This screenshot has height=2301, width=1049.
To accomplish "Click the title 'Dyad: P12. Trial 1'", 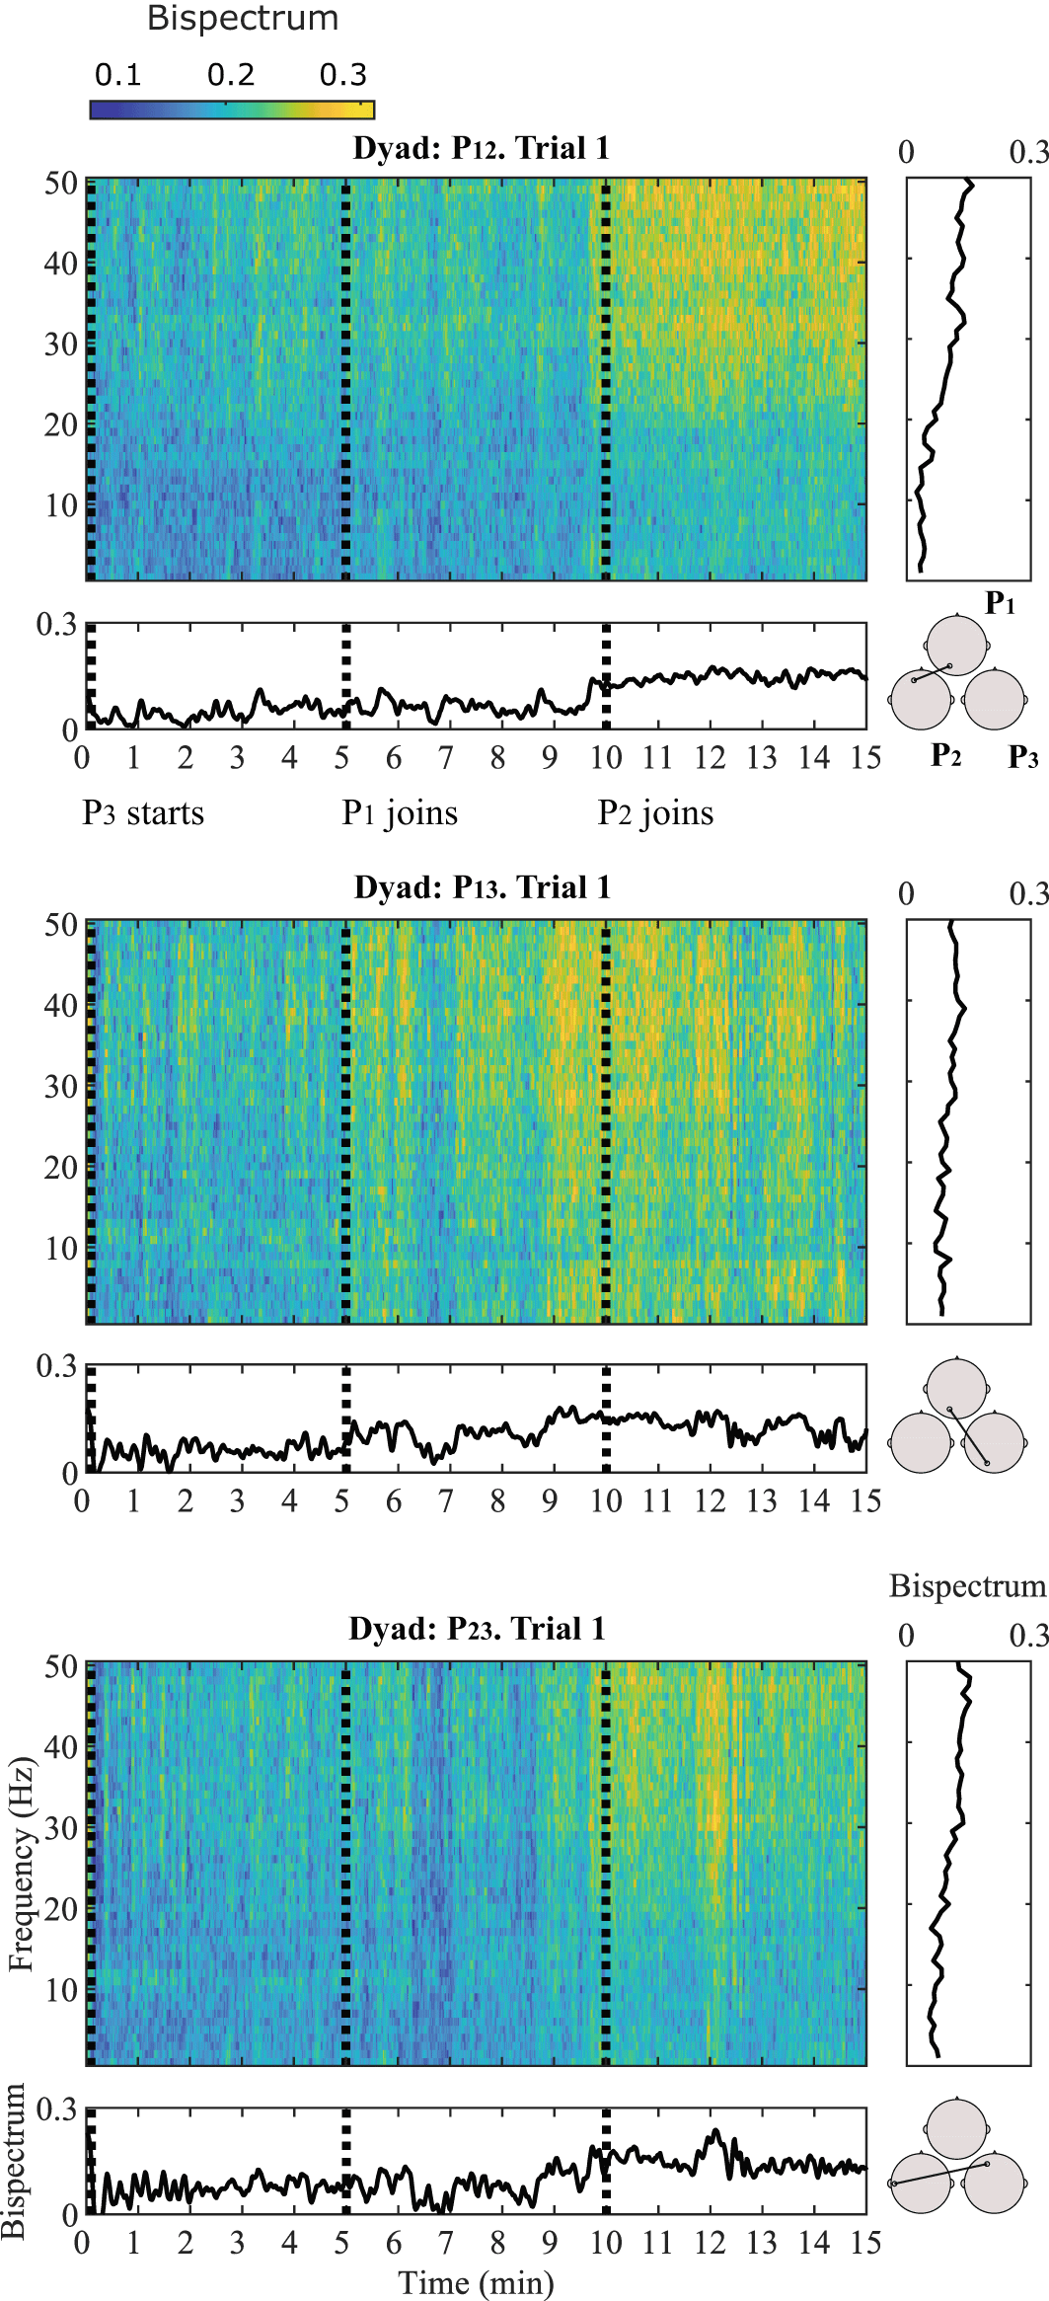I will tap(481, 148).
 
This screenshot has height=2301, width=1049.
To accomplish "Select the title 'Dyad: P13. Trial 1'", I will tap(482, 887).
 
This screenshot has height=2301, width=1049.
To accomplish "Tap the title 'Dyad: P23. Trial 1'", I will tap(477, 1628).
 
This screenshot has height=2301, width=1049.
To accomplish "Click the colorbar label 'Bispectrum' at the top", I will tap(242, 18).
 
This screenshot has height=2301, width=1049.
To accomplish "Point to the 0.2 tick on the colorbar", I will tap(231, 75).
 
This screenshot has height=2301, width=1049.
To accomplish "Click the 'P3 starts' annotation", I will tap(143, 813).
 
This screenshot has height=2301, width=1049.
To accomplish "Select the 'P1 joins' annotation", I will tap(400, 813).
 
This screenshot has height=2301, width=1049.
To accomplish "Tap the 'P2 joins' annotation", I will tap(655, 813).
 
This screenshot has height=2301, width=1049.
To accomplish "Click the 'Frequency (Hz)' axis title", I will tap(21, 1864).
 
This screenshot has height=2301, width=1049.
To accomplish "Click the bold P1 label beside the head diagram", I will tap(1000, 602).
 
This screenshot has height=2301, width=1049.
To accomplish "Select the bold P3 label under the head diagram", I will tap(1022, 757).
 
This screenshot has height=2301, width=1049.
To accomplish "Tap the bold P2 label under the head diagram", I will tap(945, 755).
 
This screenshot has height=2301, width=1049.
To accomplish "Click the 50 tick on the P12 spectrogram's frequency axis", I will tap(61, 183).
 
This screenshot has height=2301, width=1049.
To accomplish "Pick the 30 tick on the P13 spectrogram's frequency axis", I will tap(61, 1086).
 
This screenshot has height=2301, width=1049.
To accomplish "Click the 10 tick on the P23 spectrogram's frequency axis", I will tap(61, 1989).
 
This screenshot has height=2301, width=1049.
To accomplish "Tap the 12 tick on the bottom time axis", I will tap(710, 2242).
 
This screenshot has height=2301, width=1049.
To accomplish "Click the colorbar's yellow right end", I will tap(367, 110).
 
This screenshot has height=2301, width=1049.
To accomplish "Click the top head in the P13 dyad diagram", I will tap(956, 1387).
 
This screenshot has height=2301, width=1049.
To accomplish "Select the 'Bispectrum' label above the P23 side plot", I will tap(966, 1585).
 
